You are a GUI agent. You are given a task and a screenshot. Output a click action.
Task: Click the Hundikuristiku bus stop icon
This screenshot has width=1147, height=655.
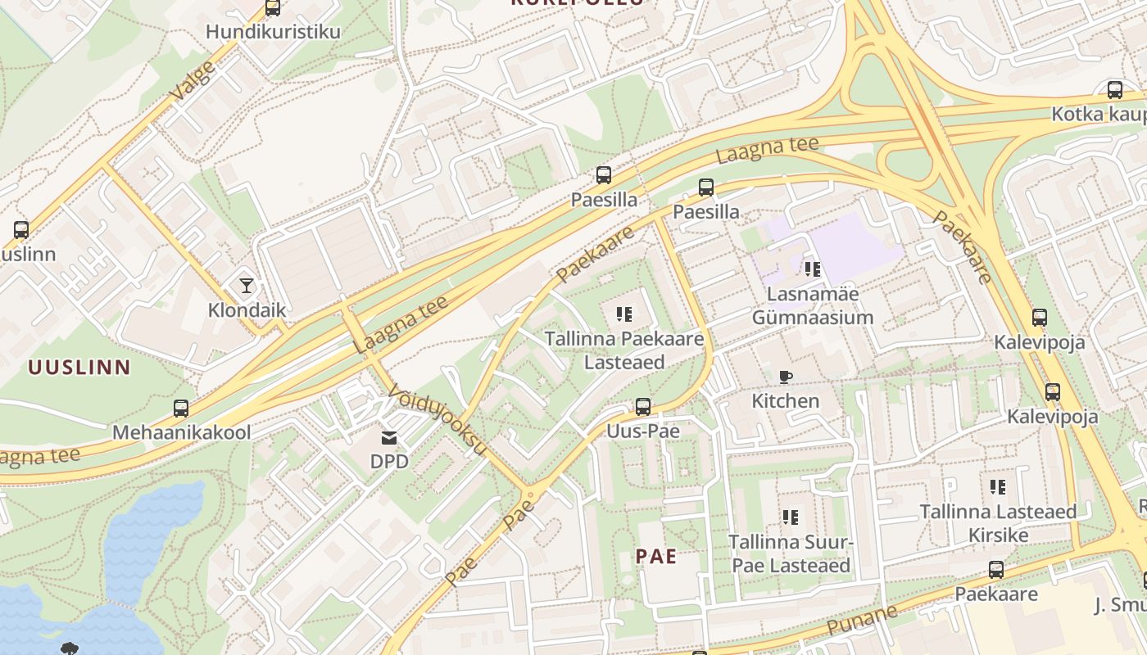(x=273, y=8)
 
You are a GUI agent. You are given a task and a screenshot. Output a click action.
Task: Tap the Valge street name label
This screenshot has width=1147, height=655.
(x=193, y=80)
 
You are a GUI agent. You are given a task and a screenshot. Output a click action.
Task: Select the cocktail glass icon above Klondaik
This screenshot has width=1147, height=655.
(x=247, y=285)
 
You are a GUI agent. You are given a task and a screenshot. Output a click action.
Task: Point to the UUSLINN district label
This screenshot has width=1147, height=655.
(x=79, y=367)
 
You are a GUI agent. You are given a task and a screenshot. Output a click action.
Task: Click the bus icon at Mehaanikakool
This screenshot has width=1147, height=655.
(x=181, y=408)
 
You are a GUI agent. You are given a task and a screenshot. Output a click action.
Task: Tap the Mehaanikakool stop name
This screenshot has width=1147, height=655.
(x=181, y=432)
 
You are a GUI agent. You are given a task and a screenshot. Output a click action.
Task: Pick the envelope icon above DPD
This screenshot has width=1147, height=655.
(x=389, y=438)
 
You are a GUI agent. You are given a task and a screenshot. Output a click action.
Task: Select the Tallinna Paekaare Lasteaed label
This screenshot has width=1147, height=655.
(x=624, y=350)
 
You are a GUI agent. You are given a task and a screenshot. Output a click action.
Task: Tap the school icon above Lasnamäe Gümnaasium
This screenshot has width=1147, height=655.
(x=812, y=269)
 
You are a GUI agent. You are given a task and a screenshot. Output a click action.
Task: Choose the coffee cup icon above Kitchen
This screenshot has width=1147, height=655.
(x=786, y=377)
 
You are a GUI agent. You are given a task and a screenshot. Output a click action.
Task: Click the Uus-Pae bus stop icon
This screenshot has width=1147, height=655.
(x=643, y=406)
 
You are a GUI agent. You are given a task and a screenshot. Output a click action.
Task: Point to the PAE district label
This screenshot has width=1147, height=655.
(x=656, y=557)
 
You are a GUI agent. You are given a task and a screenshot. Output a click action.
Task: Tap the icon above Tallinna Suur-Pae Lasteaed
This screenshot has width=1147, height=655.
(x=791, y=517)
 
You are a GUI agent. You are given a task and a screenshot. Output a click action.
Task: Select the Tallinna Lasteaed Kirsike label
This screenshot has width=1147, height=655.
(x=997, y=523)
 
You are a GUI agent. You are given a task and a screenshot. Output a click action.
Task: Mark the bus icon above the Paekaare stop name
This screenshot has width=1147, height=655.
(x=996, y=569)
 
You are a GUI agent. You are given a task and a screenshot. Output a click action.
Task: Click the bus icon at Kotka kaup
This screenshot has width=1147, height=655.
(x=1115, y=90)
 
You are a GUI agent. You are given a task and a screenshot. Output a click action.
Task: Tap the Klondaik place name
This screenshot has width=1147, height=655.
(x=247, y=310)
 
